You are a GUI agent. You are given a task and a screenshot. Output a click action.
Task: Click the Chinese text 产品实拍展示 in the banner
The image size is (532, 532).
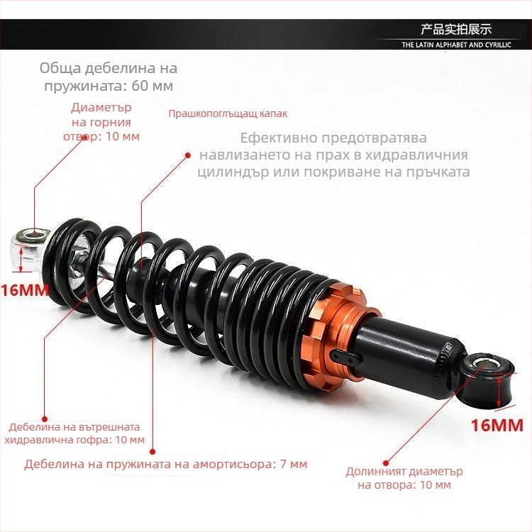point(456,29)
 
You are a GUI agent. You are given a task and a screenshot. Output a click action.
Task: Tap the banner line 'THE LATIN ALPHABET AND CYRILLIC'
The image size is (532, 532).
point(456,45)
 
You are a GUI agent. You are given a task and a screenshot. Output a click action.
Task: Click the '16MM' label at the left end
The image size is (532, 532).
point(24,290)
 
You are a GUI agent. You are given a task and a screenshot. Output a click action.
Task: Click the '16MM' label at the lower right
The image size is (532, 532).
point(497,425)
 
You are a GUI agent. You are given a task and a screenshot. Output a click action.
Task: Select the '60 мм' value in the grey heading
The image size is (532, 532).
point(153,86)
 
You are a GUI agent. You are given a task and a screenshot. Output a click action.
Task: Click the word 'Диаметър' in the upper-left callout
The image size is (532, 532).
point(101,108)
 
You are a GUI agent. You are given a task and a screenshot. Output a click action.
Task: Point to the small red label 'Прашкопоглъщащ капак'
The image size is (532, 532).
point(228,113)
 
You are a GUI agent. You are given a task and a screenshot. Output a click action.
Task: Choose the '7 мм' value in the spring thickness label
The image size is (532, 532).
point(294,464)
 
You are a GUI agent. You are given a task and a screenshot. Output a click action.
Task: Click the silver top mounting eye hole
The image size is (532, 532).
point(35,234)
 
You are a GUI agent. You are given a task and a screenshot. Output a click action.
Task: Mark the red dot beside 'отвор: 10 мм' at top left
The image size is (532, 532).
point(85,138)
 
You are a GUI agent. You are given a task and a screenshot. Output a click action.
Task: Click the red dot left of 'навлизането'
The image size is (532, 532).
point(188,155)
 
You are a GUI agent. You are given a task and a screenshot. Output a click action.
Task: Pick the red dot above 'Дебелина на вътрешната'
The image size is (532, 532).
point(45,419)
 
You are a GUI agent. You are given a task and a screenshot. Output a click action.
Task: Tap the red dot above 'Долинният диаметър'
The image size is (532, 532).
point(385,462)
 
